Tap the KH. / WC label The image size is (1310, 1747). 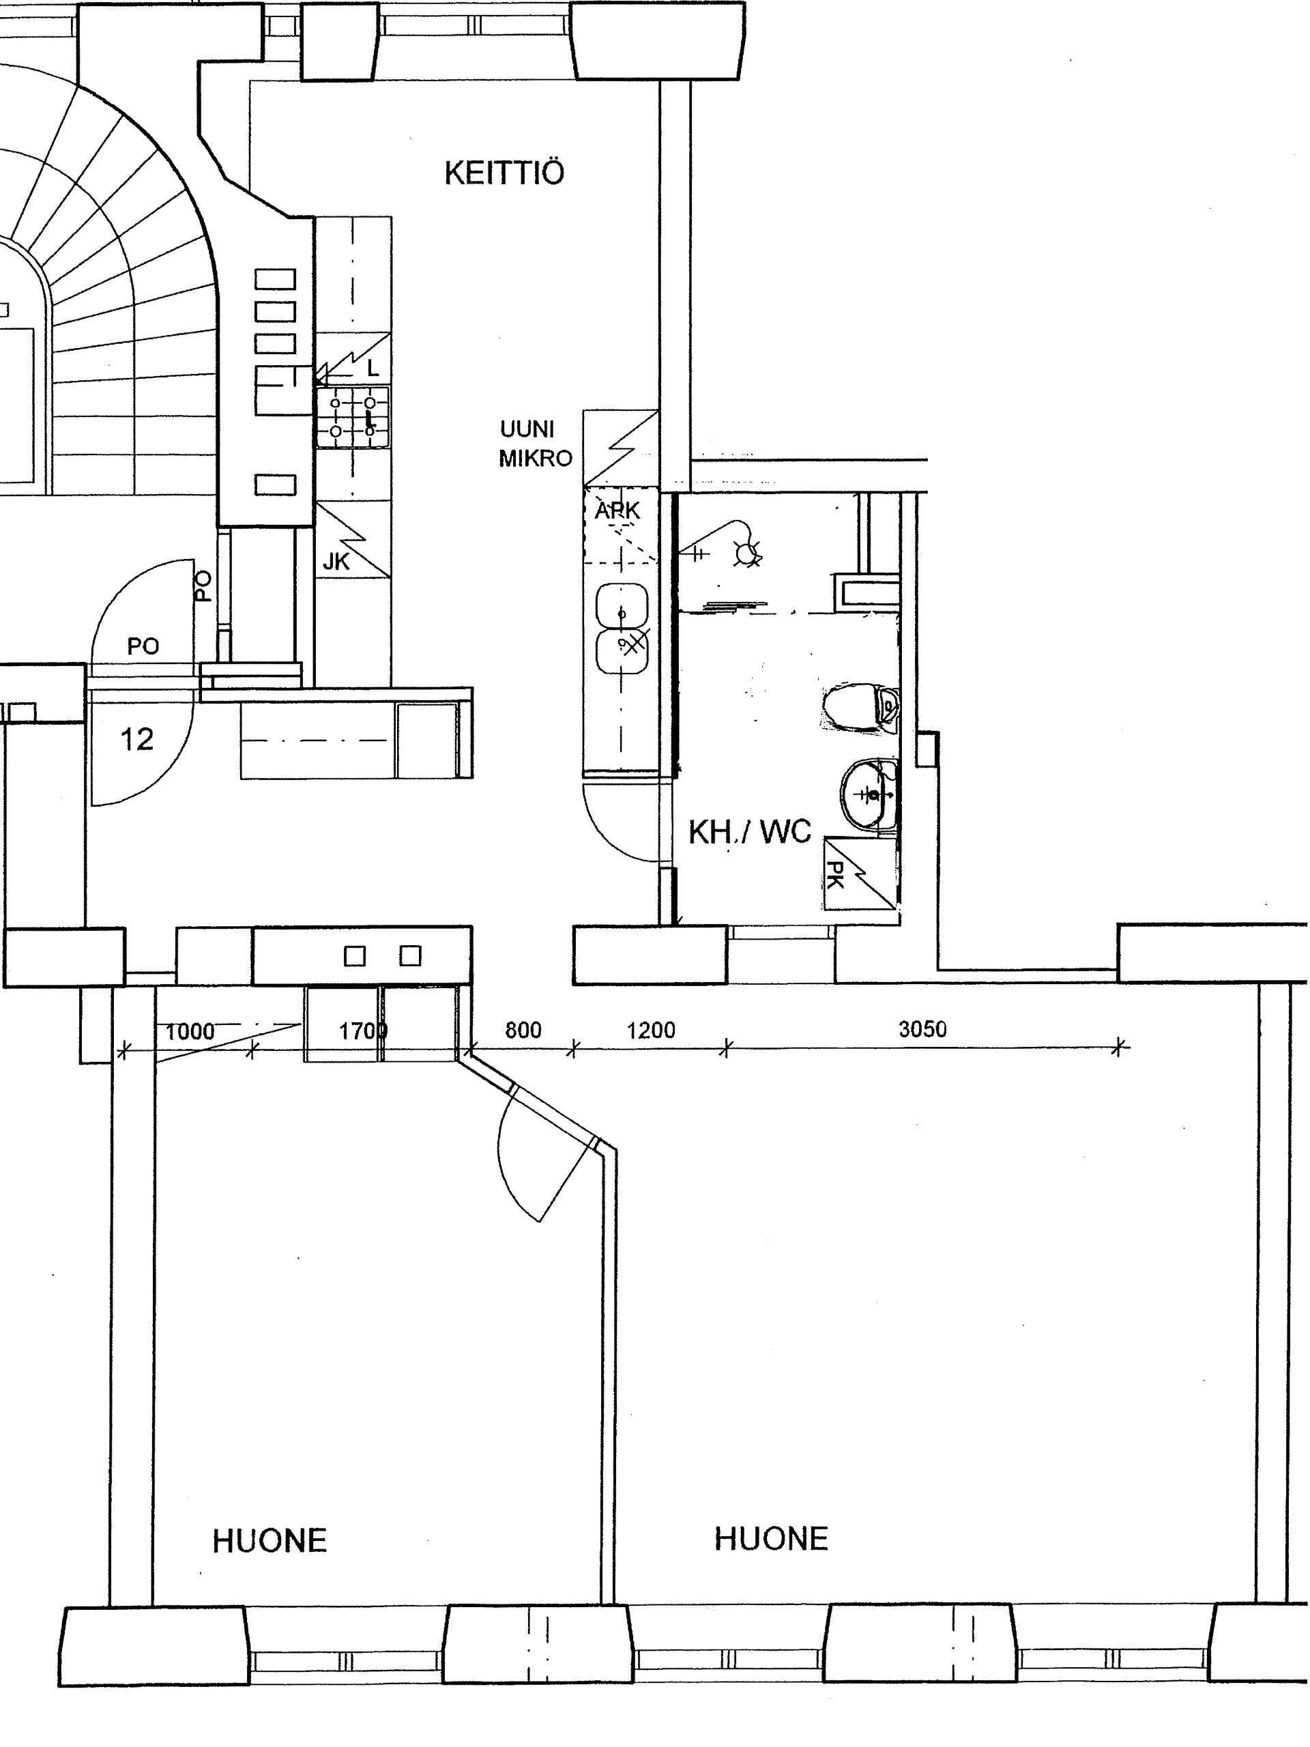click(x=749, y=832)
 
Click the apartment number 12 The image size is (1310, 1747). click(x=136, y=739)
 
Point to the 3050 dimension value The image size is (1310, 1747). click(x=922, y=1029)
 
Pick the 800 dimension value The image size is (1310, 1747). click(x=523, y=1030)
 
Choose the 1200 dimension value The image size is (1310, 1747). click(x=651, y=1030)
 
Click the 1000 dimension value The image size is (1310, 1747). click(x=190, y=1031)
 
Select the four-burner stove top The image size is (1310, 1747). click(x=353, y=417)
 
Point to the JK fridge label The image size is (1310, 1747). click(x=336, y=562)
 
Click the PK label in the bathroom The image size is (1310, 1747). click(x=834, y=873)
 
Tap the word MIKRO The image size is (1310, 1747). click(x=536, y=458)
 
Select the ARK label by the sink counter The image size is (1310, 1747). click(x=617, y=511)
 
